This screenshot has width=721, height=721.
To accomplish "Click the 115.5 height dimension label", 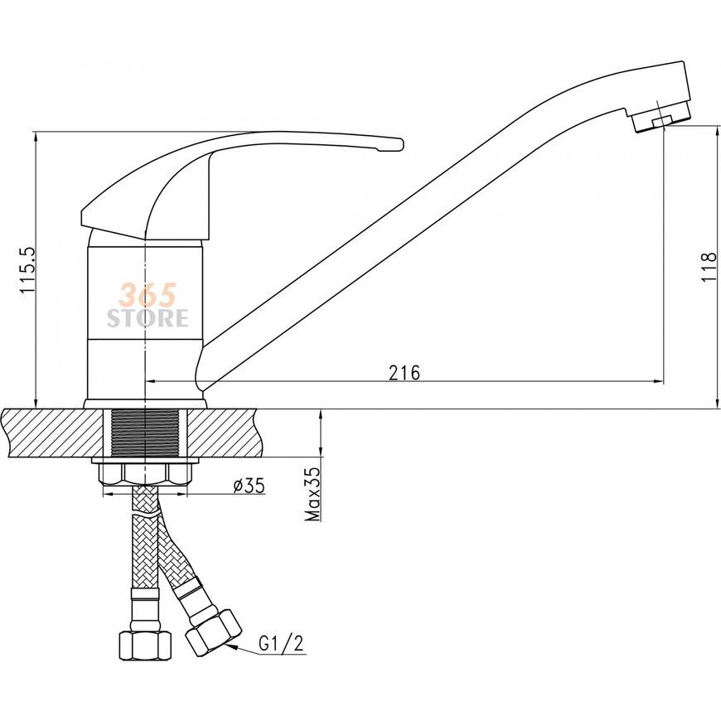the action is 27,270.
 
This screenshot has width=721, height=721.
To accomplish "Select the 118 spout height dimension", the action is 709,268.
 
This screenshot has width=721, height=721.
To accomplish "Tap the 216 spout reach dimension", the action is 404,372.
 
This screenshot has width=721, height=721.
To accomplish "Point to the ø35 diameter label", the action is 249,486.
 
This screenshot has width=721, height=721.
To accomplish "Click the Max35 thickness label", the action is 314,494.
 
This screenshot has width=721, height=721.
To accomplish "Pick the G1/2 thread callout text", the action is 282,643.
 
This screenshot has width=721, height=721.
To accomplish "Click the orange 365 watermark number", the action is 148,295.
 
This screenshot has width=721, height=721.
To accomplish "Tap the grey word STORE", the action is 148,317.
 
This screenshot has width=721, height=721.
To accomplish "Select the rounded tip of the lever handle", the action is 398,144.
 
